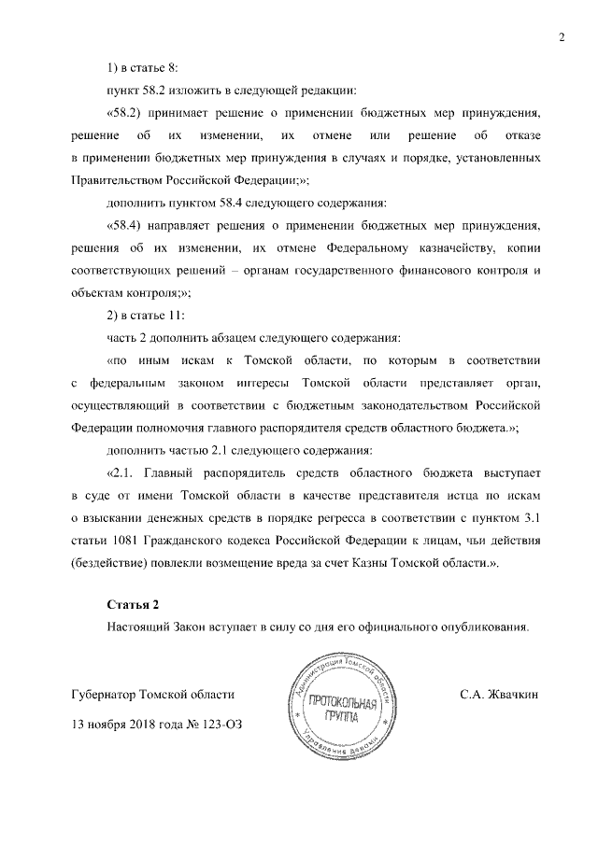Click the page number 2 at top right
coord(562,38)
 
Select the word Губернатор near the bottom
coord(103,696)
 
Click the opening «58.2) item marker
coord(129,112)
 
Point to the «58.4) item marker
coord(129,225)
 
